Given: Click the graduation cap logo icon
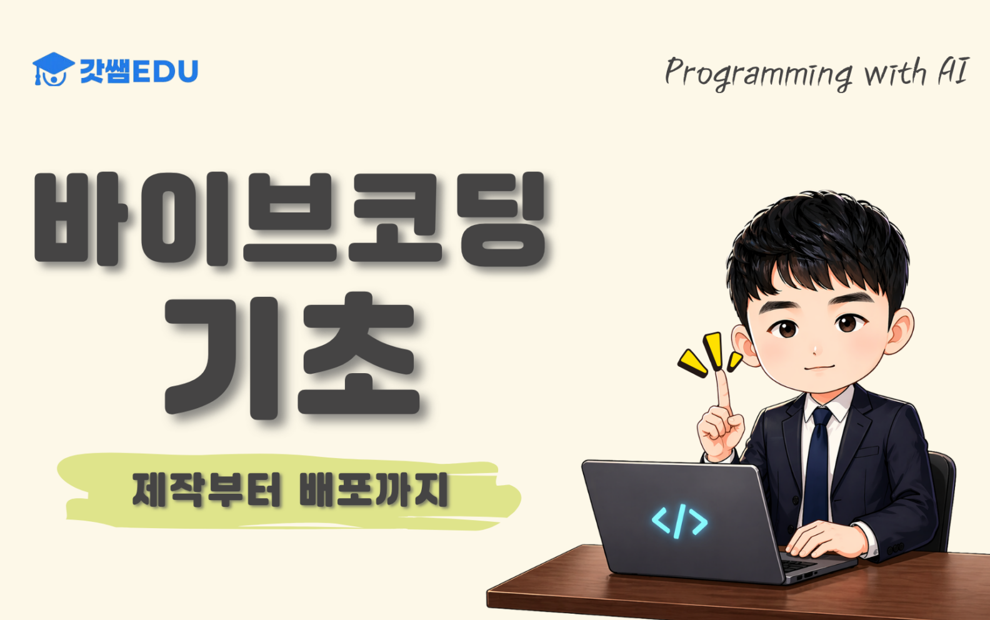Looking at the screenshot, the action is tap(53, 69).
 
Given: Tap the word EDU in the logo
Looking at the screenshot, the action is tap(165, 71).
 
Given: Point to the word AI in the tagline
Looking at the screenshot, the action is tap(953, 71).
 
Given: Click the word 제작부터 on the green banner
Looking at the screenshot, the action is tap(206, 490).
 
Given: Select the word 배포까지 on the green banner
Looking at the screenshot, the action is tap(374, 490).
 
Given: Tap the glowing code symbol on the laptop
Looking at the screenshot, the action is tap(679, 521).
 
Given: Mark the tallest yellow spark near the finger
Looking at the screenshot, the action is tap(712, 351).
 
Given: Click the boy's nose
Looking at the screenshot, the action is tap(814, 350).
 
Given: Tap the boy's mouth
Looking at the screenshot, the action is tap(819, 367).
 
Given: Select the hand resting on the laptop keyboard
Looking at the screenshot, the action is tap(826, 539).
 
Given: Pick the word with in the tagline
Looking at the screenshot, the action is tap(895, 72).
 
